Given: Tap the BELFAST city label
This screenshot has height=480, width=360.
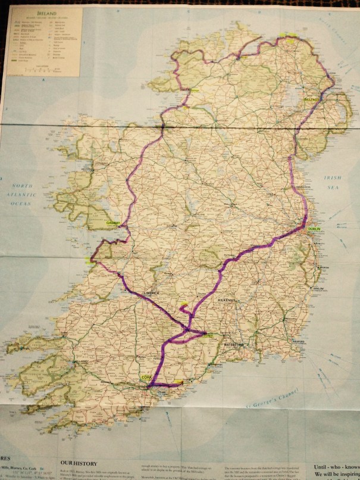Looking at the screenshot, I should point(312,99).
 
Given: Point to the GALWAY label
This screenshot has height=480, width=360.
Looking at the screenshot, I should point(113,223).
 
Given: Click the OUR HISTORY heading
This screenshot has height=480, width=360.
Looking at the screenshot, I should point(78,460).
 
